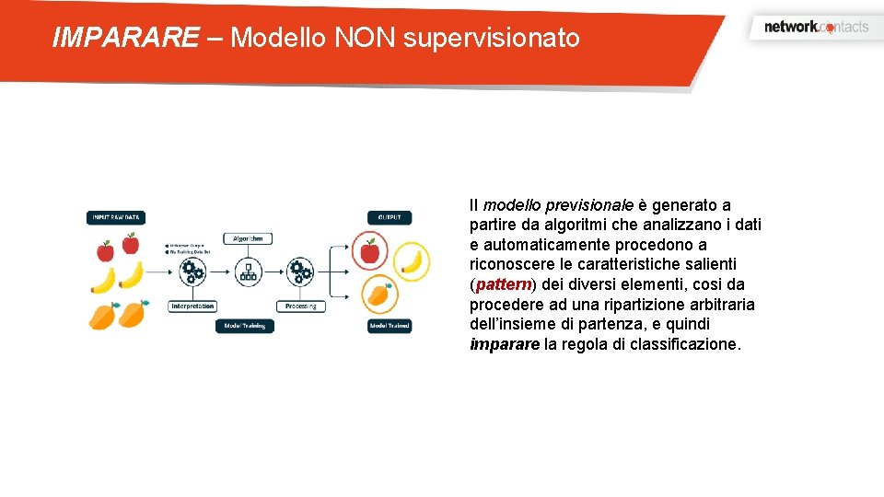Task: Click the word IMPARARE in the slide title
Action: pyautogui.click(x=125, y=38)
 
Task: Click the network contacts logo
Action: pyautogui.click(x=816, y=27)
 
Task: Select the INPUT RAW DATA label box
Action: pyautogui.click(x=116, y=218)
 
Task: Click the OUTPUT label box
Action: pyautogui.click(x=389, y=218)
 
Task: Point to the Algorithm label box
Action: pyautogui.click(x=247, y=238)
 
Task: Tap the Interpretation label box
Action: pyautogui.click(x=192, y=306)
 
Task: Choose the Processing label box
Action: pyautogui.click(x=300, y=306)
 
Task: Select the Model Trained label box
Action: pyautogui.click(x=390, y=326)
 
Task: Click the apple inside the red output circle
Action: pyautogui.click(x=369, y=251)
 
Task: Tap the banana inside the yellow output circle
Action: pyautogui.click(x=413, y=261)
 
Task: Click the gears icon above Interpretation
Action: pyautogui.click(x=192, y=271)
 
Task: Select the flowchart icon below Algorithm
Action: pyautogui.click(x=247, y=271)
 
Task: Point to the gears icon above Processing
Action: pyautogui.click(x=300, y=271)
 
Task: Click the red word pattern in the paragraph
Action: pyautogui.click(x=504, y=284)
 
